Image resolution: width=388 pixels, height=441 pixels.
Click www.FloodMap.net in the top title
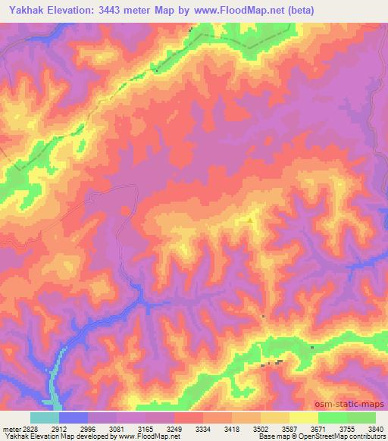pos(235,10)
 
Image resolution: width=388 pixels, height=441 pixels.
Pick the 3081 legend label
pos(117,428)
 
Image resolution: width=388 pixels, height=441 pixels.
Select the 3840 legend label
pos(377,428)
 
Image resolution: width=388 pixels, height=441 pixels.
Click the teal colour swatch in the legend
pos(45,418)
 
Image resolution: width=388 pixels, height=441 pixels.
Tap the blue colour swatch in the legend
pos(74,418)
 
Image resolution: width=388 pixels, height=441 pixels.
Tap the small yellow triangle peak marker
pos(251,220)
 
